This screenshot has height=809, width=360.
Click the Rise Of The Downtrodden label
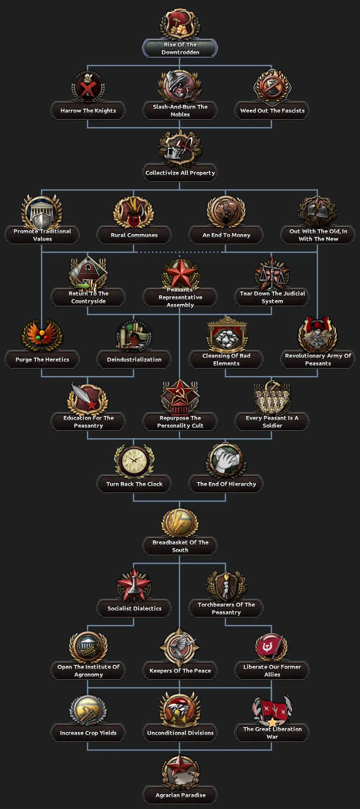pos(180,48)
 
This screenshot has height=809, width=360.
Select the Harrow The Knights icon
pos(88,87)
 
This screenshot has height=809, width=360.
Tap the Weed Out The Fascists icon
pos(272,87)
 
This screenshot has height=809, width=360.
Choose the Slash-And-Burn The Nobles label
pos(180,111)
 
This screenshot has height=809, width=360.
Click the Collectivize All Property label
pos(180,173)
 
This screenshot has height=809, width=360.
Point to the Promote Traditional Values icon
pos(42,212)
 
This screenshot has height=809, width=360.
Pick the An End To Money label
pos(226,235)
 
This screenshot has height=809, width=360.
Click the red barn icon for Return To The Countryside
pos(88,274)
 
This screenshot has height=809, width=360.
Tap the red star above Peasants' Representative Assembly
pos(180,273)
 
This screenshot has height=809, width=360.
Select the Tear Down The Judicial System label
pos(272,297)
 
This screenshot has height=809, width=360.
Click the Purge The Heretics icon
pos(42,336)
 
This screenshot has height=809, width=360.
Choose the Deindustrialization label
pos(134,360)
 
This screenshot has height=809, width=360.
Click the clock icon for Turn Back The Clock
pos(134,461)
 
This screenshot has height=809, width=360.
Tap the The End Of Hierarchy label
pos(226,484)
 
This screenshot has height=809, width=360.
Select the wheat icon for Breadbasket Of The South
pos(180,523)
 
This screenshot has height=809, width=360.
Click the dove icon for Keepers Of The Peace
pos(180,647)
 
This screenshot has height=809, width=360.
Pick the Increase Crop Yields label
pos(88,733)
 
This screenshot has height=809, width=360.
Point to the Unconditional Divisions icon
pos(180,709)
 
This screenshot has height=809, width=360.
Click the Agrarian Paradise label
pos(180,795)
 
